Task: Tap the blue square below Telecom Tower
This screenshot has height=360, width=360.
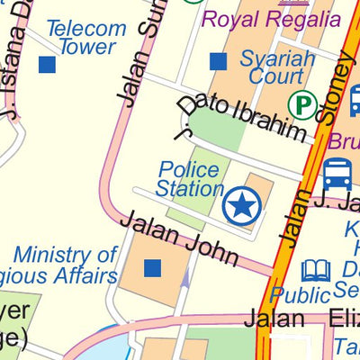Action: click(47, 65)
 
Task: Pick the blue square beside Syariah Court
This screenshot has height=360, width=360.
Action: click(217, 61)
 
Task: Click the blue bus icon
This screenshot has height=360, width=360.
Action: click(337, 173)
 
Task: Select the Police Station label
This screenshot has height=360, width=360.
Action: click(189, 179)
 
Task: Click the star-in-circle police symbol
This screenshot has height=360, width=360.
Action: click(241, 207)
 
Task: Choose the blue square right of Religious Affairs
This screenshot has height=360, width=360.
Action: click(152, 267)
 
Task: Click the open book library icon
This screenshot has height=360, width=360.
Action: click(316, 269)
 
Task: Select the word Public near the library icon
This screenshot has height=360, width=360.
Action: click(301, 295)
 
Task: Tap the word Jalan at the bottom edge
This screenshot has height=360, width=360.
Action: click(276, 319)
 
